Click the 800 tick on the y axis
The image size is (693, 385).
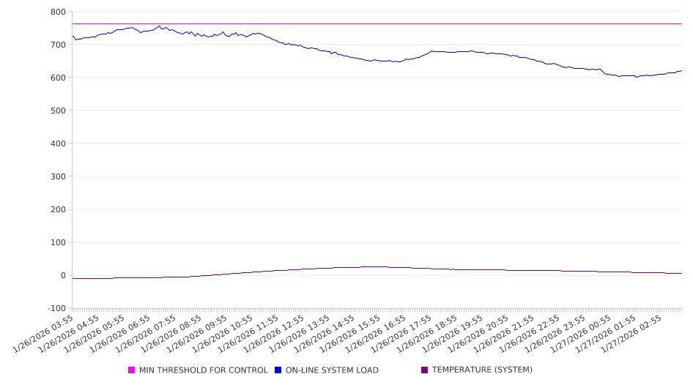(58, 12)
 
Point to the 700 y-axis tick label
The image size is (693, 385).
(58, 45)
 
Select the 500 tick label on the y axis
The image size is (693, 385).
(58, 111)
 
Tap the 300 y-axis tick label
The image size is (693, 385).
(58, 176)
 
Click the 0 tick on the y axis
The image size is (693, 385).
(63, 276)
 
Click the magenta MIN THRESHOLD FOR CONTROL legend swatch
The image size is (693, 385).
(132, 370)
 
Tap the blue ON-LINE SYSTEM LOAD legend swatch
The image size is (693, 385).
(278, 370)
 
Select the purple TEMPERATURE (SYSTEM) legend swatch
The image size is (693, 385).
(424, 370)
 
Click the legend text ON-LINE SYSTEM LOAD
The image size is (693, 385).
(332, 370)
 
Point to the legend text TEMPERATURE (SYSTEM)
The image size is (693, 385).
(482, 370)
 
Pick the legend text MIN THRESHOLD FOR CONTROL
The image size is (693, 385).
(203, 370)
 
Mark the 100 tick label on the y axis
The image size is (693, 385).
(58, 243)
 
